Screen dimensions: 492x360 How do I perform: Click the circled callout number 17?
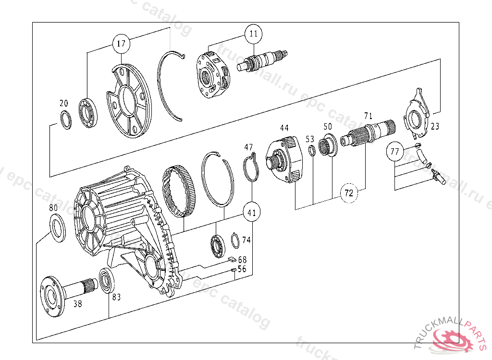121,44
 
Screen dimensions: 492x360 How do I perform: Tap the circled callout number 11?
253,34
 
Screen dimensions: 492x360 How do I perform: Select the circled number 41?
252,212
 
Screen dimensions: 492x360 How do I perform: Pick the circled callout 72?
349,193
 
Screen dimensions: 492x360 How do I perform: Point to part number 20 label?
64,103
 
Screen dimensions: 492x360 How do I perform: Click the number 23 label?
435,127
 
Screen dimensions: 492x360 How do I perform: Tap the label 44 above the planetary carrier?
284,128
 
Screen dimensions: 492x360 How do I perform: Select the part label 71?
368,116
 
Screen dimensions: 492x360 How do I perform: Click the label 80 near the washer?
53,208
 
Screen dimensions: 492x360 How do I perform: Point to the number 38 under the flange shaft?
78,303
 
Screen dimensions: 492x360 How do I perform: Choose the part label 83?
116,297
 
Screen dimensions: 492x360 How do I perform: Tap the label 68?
242,260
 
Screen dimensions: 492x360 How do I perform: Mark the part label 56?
242,269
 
